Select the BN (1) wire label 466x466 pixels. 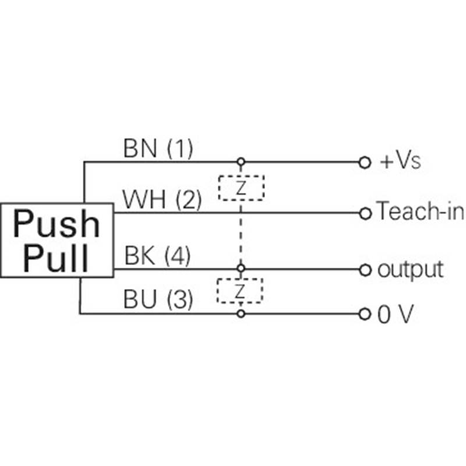pyautogui.click(x=157, y=149)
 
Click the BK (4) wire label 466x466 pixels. pyautogui.click(x=157, y=256)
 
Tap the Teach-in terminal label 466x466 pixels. pyautogui.click(x=420, y=212)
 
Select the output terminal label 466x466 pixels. pyautogui.click(x=410, y=270)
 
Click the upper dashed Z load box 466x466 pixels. pyautogui.click(x=241, y=188)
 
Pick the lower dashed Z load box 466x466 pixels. pyautogui.click(x=240, y=290)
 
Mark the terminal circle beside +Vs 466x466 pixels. pyautogui.click(x=365, y=162)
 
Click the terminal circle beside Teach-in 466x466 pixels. pyautogui.click(x=365, y=213)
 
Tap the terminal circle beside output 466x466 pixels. pyautogui.click(x=365, y=270)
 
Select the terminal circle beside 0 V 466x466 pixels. pyautogui.click(x=365, y=315)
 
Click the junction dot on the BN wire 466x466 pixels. pyautogui.click(x=239, y=162)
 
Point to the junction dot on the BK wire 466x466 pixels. pyautogui.click(x=239, y=269)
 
